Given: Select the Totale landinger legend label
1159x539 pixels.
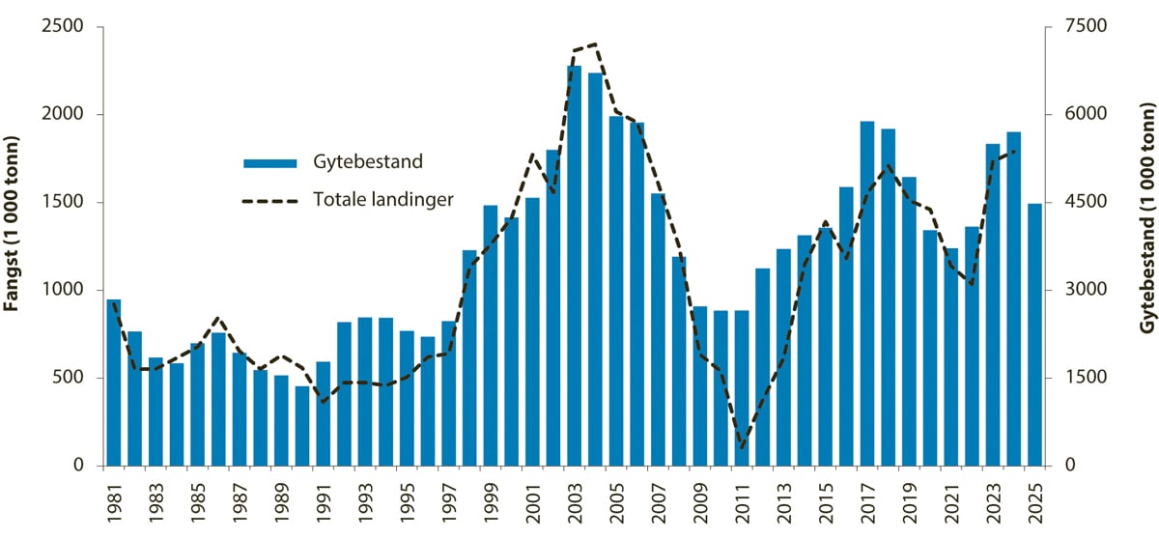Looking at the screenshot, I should click(x=383, y=200).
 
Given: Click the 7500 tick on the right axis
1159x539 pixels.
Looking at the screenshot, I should click(x=1078, y=26).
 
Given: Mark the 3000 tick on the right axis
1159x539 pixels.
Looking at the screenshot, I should click(x=1078, y=290).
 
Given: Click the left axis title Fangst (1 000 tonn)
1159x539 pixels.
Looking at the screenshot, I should click(x=13, y=245).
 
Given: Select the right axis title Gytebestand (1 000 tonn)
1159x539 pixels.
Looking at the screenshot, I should click(x=1147, y=245).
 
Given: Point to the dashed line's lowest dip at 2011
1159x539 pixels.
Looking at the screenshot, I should click(x=742, y=447).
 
